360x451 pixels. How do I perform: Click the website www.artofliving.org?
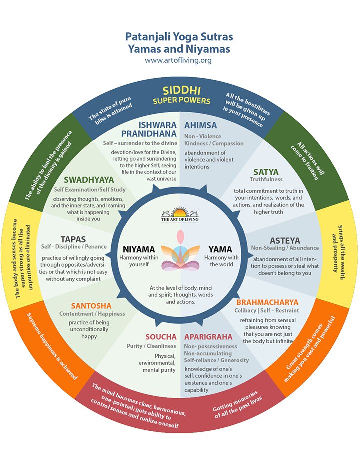[178, 60]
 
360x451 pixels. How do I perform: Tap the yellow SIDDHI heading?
[181, 91]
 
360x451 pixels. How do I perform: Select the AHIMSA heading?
[201, 125]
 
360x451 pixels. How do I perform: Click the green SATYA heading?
[266, 172]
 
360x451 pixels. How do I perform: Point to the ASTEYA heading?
[285, 241]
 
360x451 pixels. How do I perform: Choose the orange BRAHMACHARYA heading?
[267, 302]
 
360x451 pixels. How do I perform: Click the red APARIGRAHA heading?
[208, 337]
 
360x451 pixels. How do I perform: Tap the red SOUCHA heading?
[161, 337]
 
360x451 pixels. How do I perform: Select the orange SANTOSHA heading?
[91, 306]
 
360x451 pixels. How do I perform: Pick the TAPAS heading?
[73, 239]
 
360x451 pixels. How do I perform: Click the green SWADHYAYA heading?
[89, 180]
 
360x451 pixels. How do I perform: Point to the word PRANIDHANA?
[149, 134]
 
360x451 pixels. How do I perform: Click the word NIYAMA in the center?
[139, 249]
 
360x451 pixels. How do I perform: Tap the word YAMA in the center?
[220, 249]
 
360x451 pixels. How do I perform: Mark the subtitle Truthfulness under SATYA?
[266, 179]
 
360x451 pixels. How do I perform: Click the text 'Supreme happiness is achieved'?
[52, 346]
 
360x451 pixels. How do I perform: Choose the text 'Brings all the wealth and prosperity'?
[338, 253]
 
